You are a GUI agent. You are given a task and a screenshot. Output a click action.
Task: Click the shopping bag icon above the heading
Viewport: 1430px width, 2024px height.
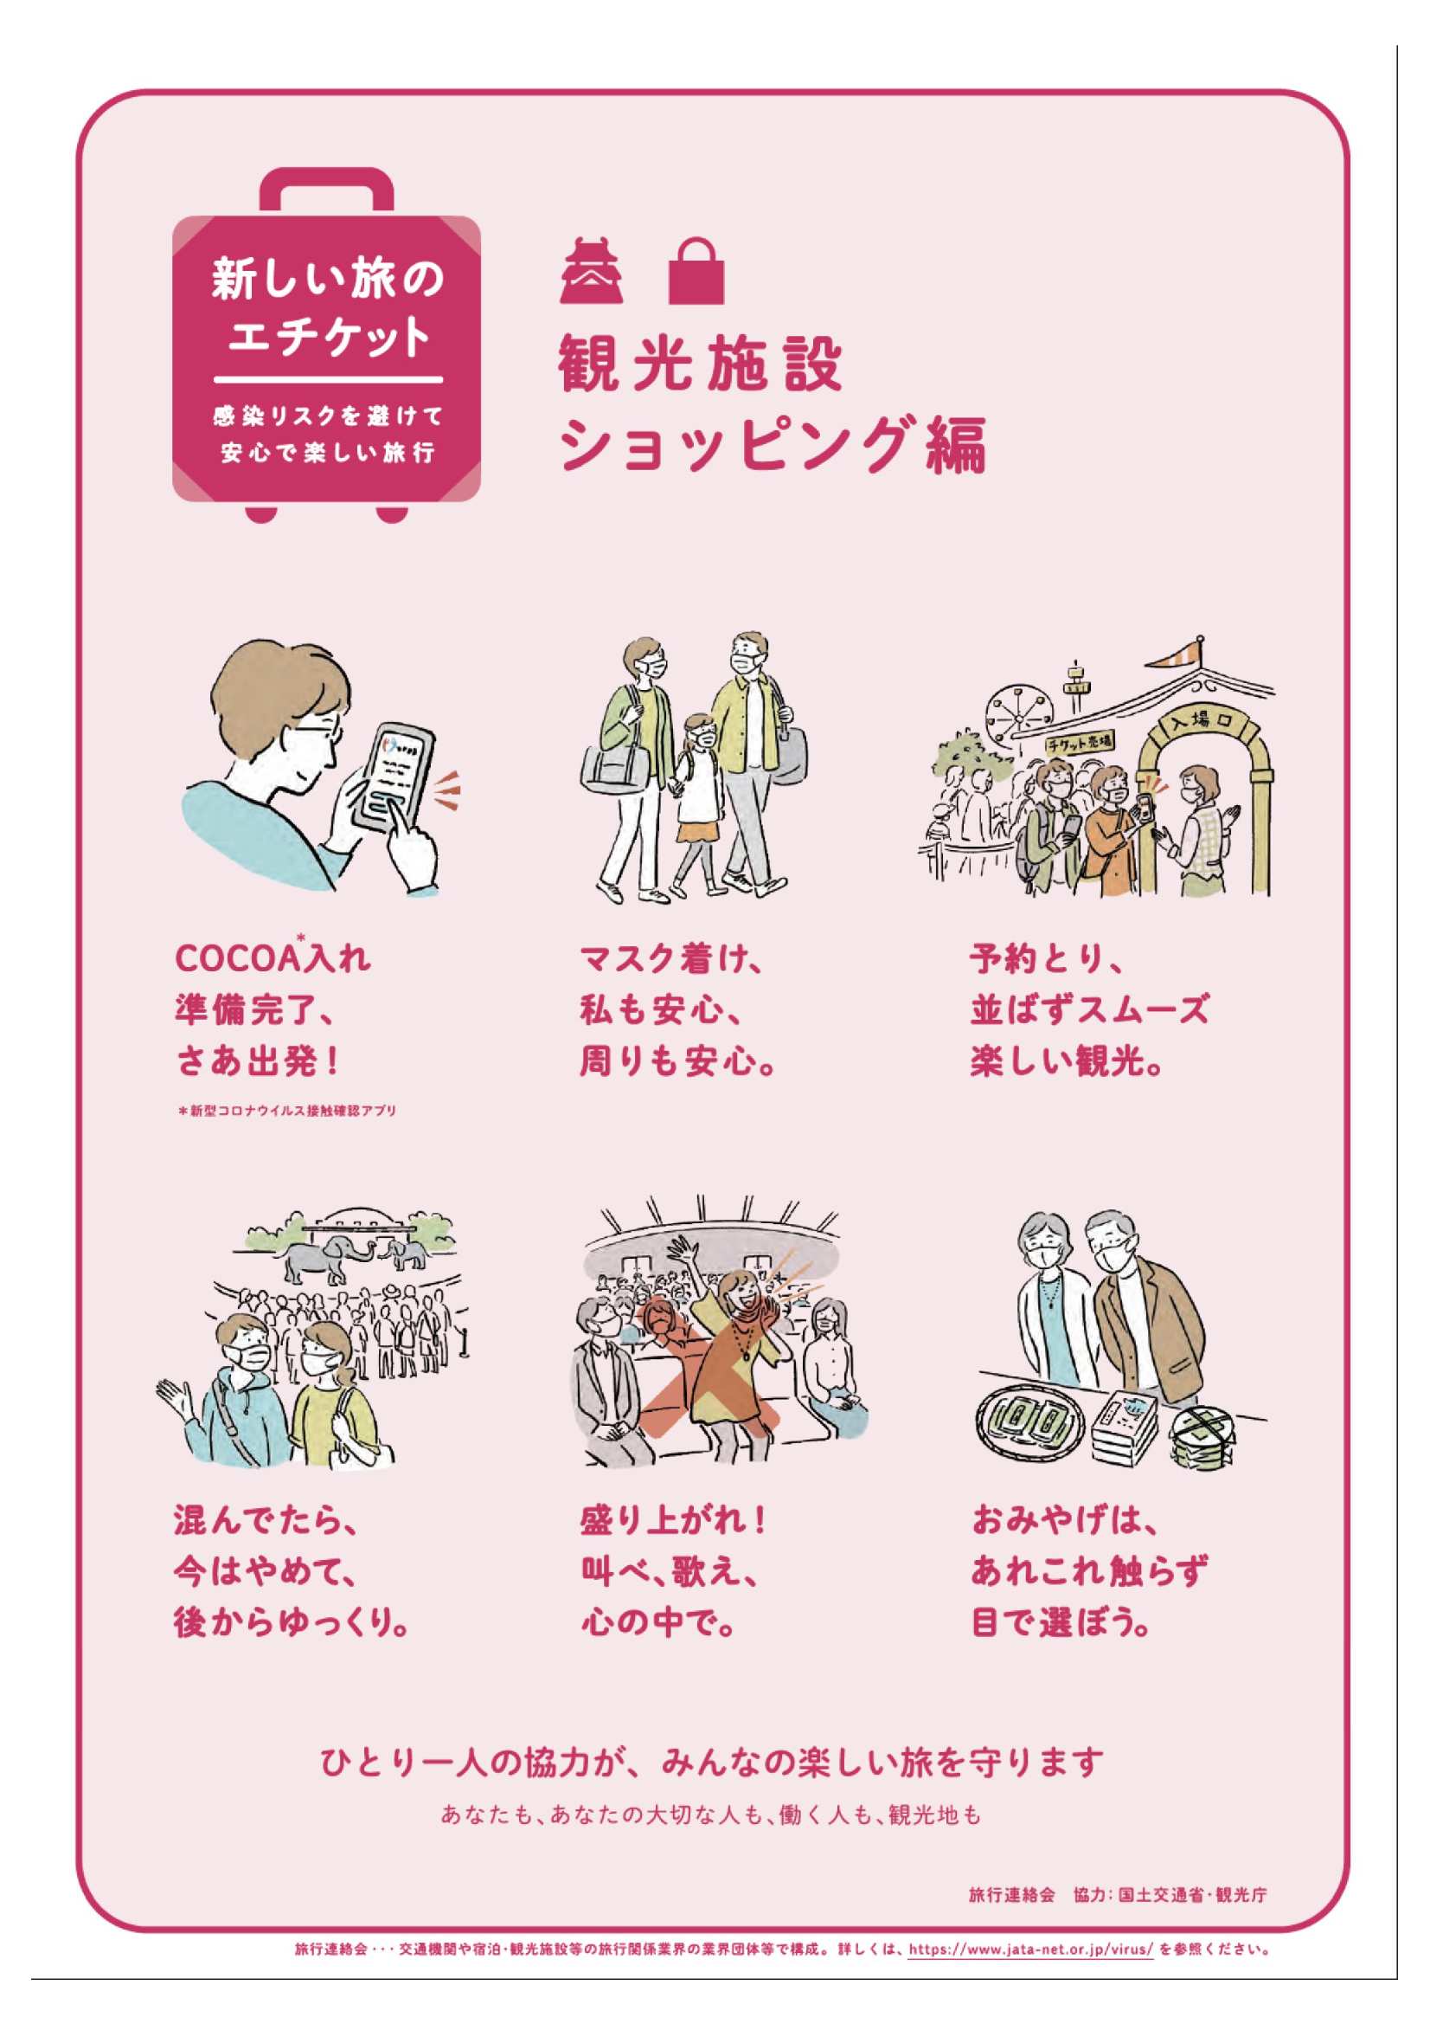696,271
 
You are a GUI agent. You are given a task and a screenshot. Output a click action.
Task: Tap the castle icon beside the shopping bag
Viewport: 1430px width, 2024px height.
591,271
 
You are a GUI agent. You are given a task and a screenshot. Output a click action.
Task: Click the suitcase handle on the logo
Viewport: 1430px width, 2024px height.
327,190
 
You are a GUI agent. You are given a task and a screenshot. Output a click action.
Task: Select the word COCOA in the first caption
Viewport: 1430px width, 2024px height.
238,959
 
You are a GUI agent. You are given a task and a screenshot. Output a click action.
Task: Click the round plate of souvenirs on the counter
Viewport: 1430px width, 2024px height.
1030,1417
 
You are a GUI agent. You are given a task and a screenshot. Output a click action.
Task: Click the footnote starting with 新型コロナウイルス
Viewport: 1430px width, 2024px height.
286,1110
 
